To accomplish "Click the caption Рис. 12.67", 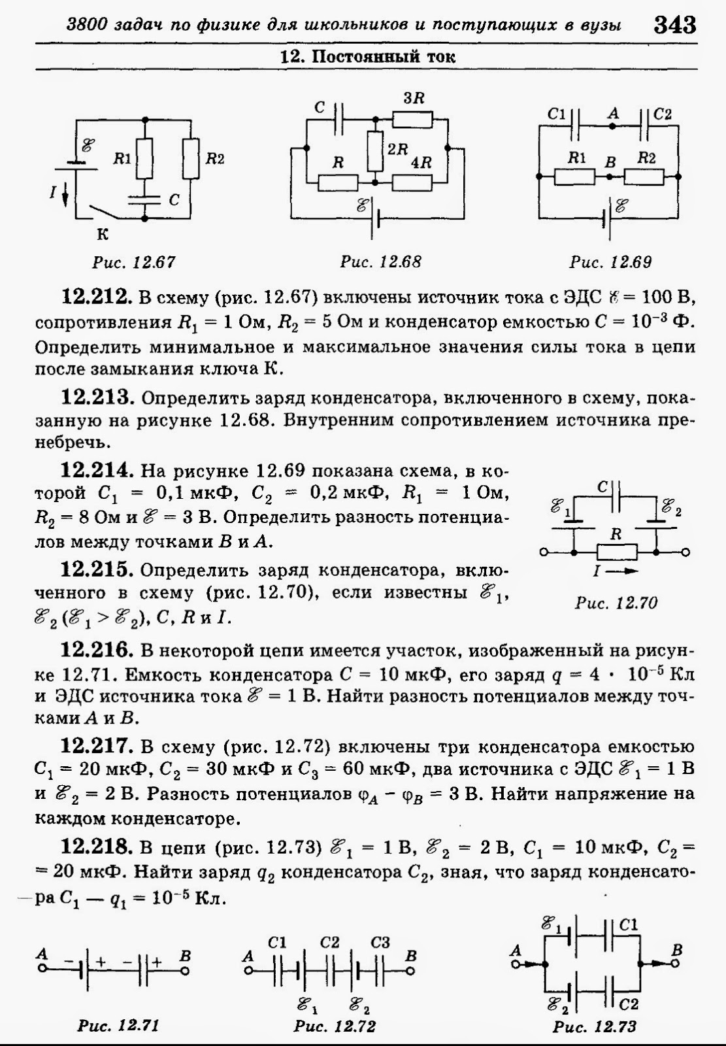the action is coord(134,262).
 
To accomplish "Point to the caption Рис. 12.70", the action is coord(616,602).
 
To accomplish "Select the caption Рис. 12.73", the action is coord(594,1026).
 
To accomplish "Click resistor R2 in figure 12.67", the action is coord(191,159).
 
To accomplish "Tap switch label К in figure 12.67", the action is coord(103,233).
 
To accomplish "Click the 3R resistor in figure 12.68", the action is coord(412,120).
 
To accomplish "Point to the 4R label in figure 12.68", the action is coord(421,162).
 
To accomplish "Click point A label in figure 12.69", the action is coord(612,113).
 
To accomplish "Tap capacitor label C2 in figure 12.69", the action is coord(662,114).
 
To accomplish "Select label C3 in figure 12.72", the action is coord(380,942).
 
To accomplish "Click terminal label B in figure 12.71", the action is coord(185,956).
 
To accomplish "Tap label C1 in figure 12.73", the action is coord(629,925).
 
